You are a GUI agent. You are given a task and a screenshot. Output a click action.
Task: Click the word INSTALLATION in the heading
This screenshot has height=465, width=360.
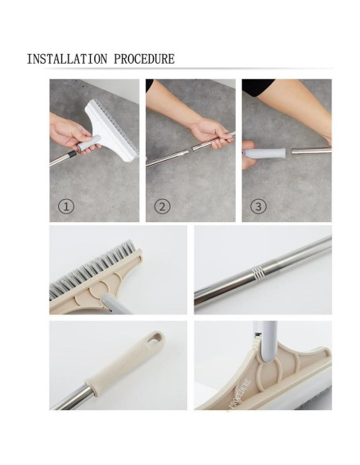pyautogui.click(x=67, y=59)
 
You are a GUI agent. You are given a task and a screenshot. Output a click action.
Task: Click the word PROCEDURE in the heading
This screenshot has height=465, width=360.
pyautogui.click(x=144, y=59)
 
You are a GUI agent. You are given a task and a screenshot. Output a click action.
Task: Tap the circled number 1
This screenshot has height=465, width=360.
pyautogui.click(x=66, y=206)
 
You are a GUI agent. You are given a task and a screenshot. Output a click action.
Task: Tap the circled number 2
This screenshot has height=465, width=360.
pyautogui.click(x=162, y=206)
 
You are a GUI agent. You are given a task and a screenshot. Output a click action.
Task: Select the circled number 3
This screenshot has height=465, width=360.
pyautogui.click(x=258, y=206)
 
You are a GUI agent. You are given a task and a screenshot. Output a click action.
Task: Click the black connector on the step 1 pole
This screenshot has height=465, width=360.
pyautogui.click(x=72, y=154)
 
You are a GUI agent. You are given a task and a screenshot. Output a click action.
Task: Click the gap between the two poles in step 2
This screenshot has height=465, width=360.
pyautogui.click(x=190, y=150)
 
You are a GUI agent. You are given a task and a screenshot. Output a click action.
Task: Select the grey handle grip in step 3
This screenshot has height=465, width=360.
pyautogui.click(x=264, y=154)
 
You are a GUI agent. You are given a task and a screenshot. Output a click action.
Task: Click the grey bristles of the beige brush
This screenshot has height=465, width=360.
pyautogui.click(x=92, y=267)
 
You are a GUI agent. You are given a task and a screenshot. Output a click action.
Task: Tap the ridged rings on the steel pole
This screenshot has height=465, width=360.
pyautogui.click(x=257, y=272)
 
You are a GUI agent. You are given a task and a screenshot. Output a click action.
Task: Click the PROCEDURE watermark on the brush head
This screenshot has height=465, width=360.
pyautogui.click(x=241, y=393)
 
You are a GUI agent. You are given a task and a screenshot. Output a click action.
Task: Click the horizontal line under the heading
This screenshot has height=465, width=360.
pyautogui.click(x=188, y=68)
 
